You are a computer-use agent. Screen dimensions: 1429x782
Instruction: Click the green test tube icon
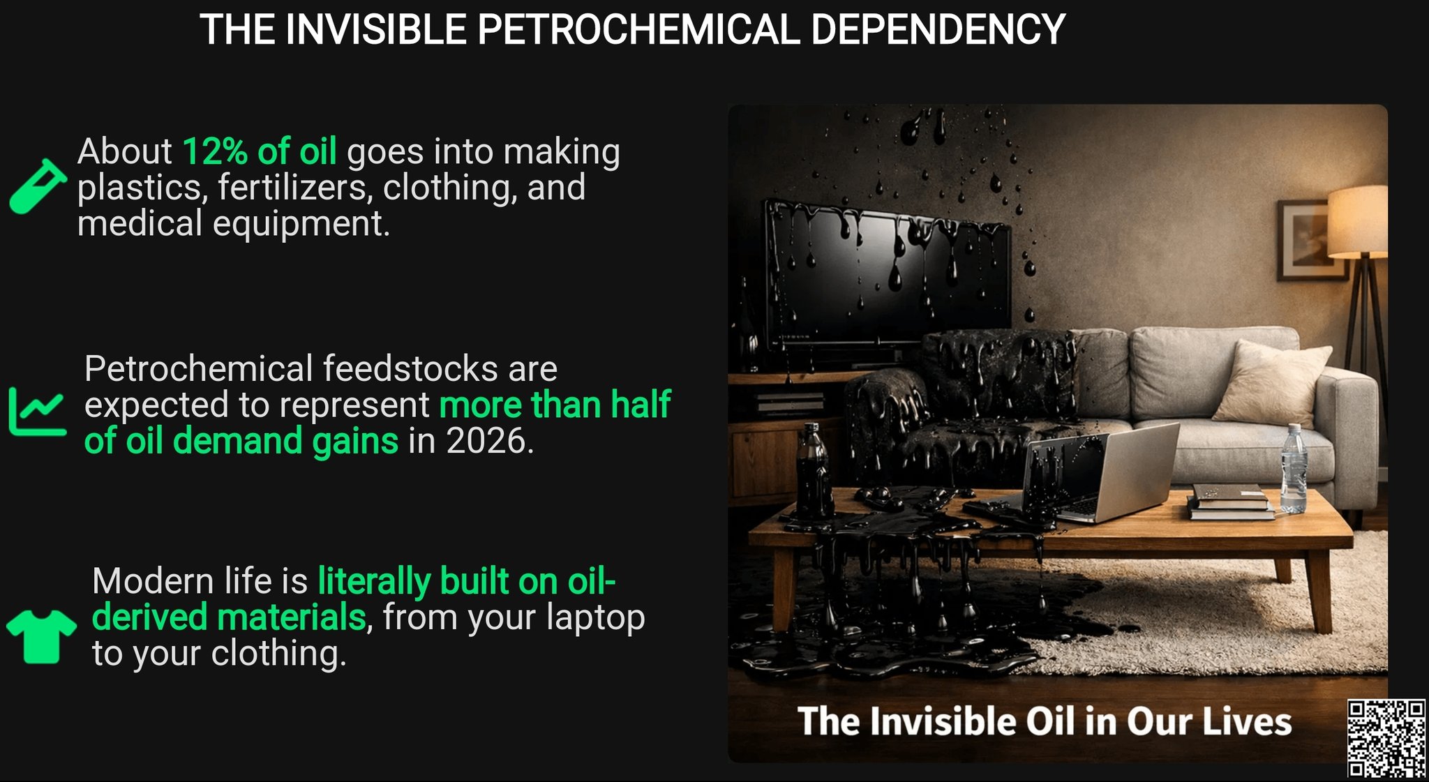[38, 186]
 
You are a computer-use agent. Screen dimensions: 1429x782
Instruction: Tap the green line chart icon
[38, 412]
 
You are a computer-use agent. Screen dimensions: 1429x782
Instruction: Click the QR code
[1386, 739]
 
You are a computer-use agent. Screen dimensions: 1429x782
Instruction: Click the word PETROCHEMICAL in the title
[638, 30]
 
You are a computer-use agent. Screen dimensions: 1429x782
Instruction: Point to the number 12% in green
[215, 151]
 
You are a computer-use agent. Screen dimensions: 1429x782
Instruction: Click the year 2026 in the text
[486, 441]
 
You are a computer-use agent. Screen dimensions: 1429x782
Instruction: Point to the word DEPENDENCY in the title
[938, 30]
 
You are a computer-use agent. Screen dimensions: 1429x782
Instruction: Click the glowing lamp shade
[1357, 220]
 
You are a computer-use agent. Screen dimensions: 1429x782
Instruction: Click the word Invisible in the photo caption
[941, 721]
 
